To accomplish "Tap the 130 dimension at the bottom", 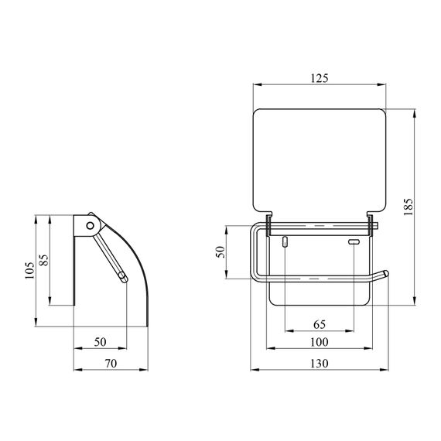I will point(320,363).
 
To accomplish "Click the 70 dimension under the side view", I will point(110,363).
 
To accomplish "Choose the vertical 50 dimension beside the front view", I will point(220,252).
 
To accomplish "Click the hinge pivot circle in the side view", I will point(92,225).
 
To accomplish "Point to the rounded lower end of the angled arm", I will point(124,279).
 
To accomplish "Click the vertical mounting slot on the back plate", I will point(285,243).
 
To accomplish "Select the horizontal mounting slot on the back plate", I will point(354,243).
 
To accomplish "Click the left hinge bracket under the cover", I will point(268,225).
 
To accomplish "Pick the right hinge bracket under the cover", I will point(372,225).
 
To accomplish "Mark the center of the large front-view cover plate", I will point(320,159).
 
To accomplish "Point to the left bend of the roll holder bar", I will point(254,232).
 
